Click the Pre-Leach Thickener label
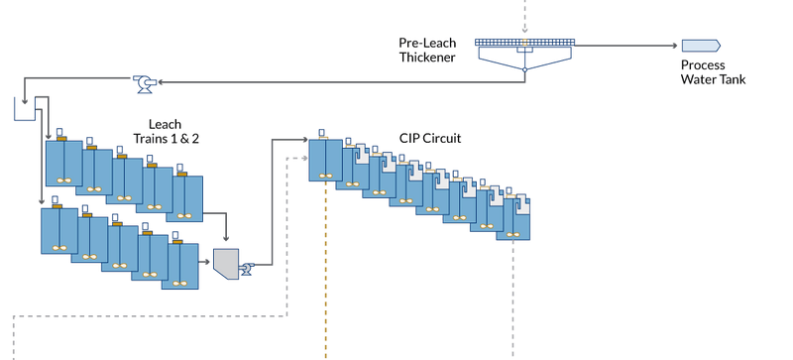(427, 51)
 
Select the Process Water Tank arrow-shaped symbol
(700, 46)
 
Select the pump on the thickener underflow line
(145, 82)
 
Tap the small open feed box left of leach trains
(24, 106)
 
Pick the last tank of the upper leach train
(186, 194)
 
